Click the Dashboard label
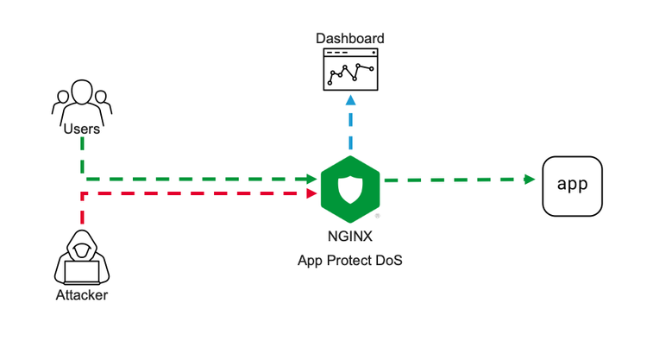(x=350, y=39)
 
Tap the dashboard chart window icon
(x=350, y=69)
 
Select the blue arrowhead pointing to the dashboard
(x=350, y=100)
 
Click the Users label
(x=81, y=129)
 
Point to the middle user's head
(x=81, y=92)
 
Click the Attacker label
(x=81, y=296)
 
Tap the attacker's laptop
(x=82, y=272)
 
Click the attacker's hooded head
(x=82, y=249)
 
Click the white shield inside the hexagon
(x=350, y=186)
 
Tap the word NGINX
(x=350, y=234)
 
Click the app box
(x=572, y=185)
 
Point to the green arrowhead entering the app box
(x=529, y=180)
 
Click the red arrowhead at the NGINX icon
(x=311, y=193)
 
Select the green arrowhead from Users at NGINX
(x=311, y=179)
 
